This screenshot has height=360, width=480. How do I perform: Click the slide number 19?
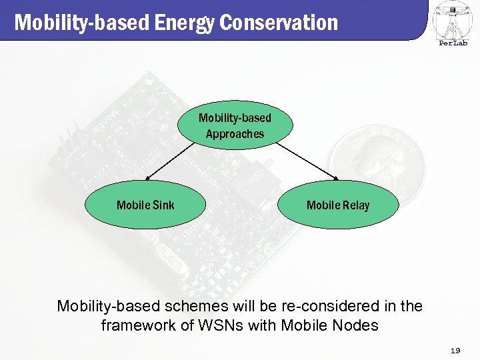click(455, 350)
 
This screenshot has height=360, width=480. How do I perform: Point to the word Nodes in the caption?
click(356, 326)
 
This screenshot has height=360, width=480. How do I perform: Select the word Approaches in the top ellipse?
click(235, 134)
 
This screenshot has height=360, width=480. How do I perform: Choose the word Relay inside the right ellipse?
click(355, 205)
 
